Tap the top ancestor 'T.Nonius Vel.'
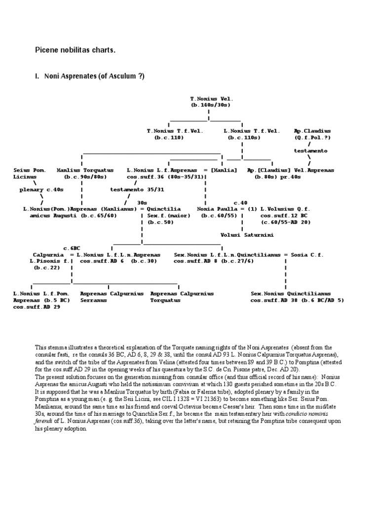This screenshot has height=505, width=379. pos(208,99)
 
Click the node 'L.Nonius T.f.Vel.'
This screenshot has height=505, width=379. pos(252,131)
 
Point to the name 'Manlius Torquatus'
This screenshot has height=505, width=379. pos(85,170)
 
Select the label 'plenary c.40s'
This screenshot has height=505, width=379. pos(41,189)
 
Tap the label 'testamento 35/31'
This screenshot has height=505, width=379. pos(130,189)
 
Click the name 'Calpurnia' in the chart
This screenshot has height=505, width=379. pos(48,254)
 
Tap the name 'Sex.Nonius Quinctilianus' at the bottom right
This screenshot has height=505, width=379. pos(291,293)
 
